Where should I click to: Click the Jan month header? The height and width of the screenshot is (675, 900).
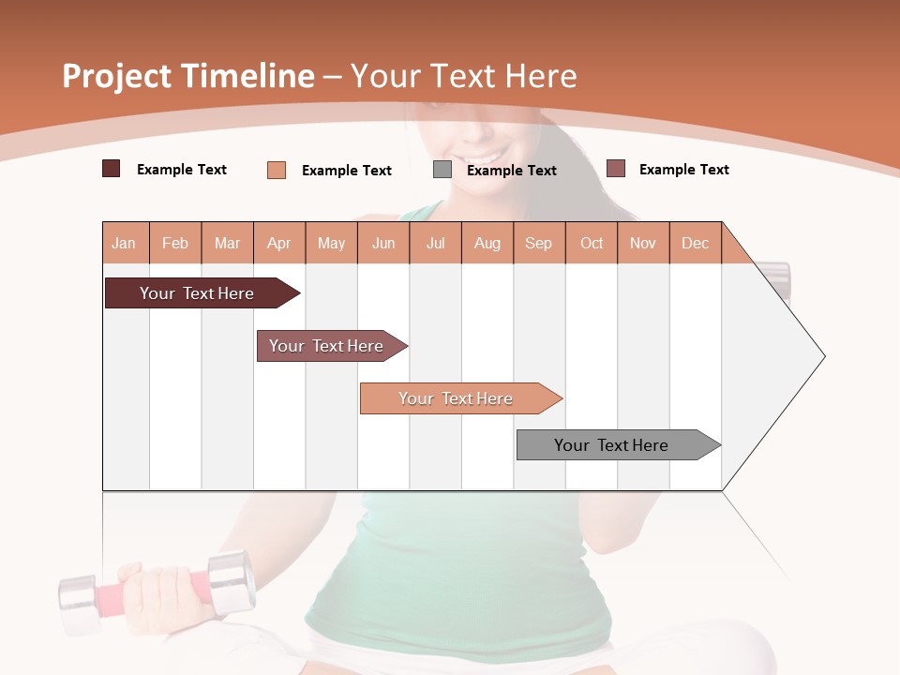point(125,243)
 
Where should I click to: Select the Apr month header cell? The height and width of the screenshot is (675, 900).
point(279,243)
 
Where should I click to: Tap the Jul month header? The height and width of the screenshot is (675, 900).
point(436,243)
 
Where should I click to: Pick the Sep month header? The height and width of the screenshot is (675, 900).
point(539,243)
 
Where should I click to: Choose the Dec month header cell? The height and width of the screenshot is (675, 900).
point(696,243)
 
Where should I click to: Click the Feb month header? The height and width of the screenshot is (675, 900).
point(175,243)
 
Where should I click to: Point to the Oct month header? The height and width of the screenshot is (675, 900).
point(592,243)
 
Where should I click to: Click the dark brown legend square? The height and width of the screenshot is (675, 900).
point(111,169)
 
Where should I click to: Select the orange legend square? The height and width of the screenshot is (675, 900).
point(277,170)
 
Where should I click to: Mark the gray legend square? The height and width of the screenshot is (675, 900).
point(442,170)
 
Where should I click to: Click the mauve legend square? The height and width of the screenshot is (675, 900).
point(616,169)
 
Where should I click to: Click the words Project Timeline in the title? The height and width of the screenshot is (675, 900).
point(187,76)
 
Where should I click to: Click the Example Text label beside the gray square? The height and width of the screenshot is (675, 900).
point(511,171)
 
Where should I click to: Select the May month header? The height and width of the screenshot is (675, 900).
point(331,243)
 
